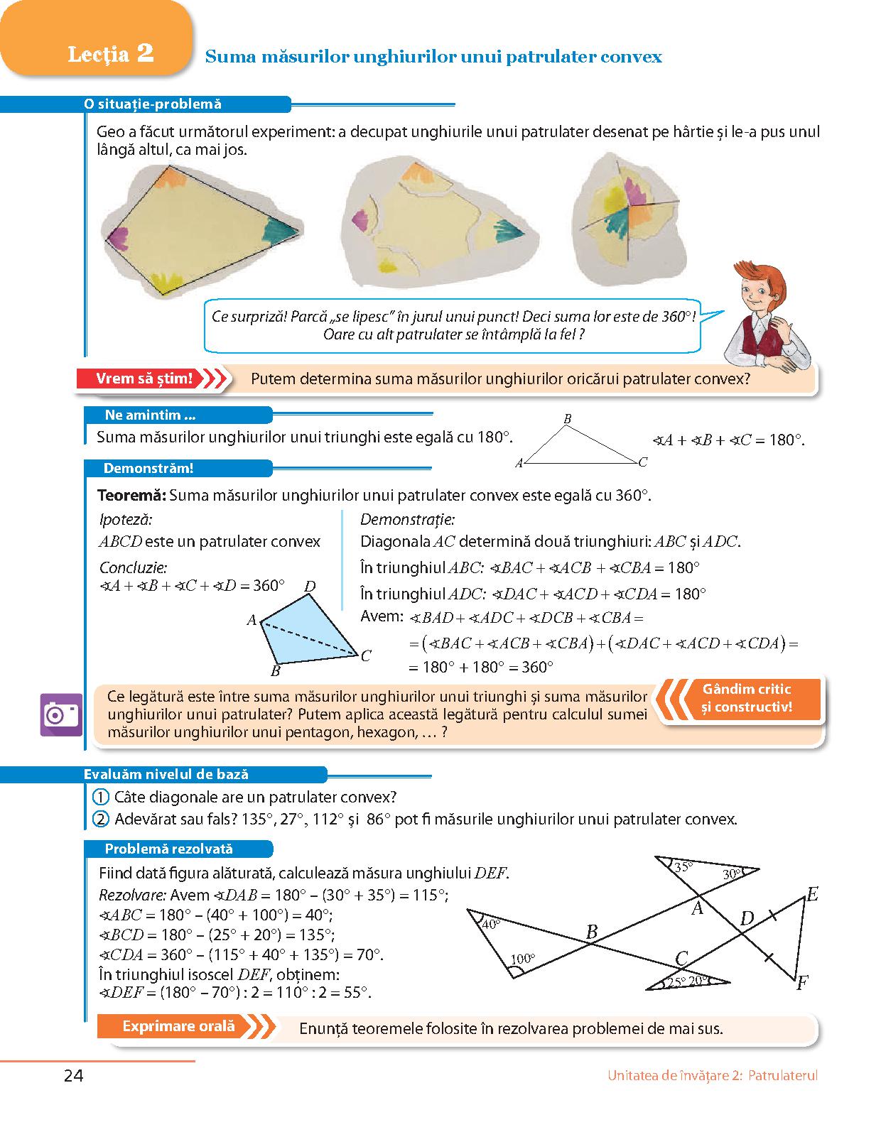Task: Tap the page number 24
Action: pos(73,1076)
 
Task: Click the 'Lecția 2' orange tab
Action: pos(111,54)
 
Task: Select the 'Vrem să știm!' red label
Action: pos(145,379)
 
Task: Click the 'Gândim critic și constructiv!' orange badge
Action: pos(746,698)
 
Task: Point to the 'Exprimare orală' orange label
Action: pos(178,1026)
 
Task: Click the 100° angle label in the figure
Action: pos(522,959)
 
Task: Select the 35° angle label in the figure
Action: pos(683,867)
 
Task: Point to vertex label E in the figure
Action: pos(811,895)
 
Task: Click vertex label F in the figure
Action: pos(802,984)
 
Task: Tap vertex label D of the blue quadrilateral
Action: pos(310,587)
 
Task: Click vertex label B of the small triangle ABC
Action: pos(567,420)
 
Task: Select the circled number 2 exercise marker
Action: pos(102,819)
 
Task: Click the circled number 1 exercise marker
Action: pos(102,797)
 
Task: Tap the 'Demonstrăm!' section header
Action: pos(148,468)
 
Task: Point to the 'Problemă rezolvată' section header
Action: pos(168,849)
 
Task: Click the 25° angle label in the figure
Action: pos(675,982)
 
